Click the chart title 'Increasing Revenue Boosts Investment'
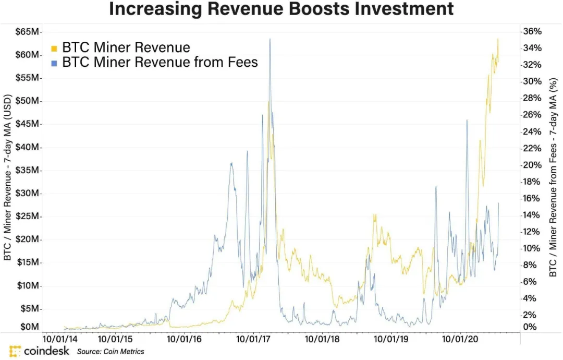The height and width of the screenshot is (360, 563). point(281,9)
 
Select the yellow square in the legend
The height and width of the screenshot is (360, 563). point(54,49)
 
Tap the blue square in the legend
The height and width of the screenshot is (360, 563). point(54,63)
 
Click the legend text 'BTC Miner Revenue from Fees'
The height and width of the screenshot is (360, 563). point(160,63)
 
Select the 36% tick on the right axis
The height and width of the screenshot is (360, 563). point(532,32)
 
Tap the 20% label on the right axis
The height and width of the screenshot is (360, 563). point(532,165)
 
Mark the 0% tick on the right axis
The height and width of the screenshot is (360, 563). point(530,327)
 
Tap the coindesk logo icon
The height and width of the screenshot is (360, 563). point(15,351)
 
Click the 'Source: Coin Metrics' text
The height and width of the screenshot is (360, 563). point(111,352)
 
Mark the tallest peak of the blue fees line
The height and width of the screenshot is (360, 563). point(270,39)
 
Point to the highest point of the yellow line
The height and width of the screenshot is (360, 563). point(498,39)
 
